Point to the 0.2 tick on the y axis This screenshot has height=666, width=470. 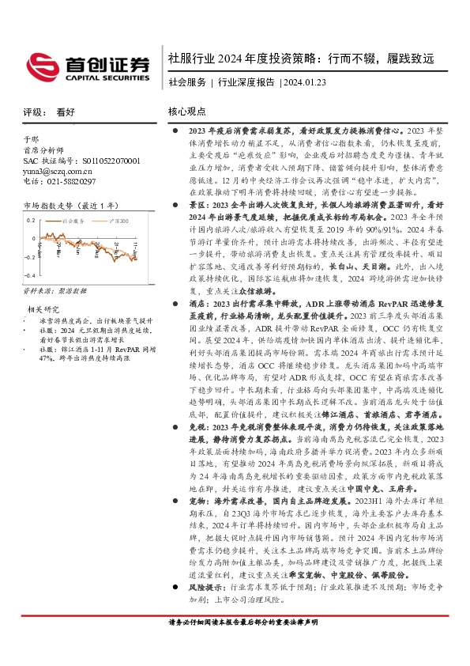31,220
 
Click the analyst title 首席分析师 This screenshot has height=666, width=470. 41,149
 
